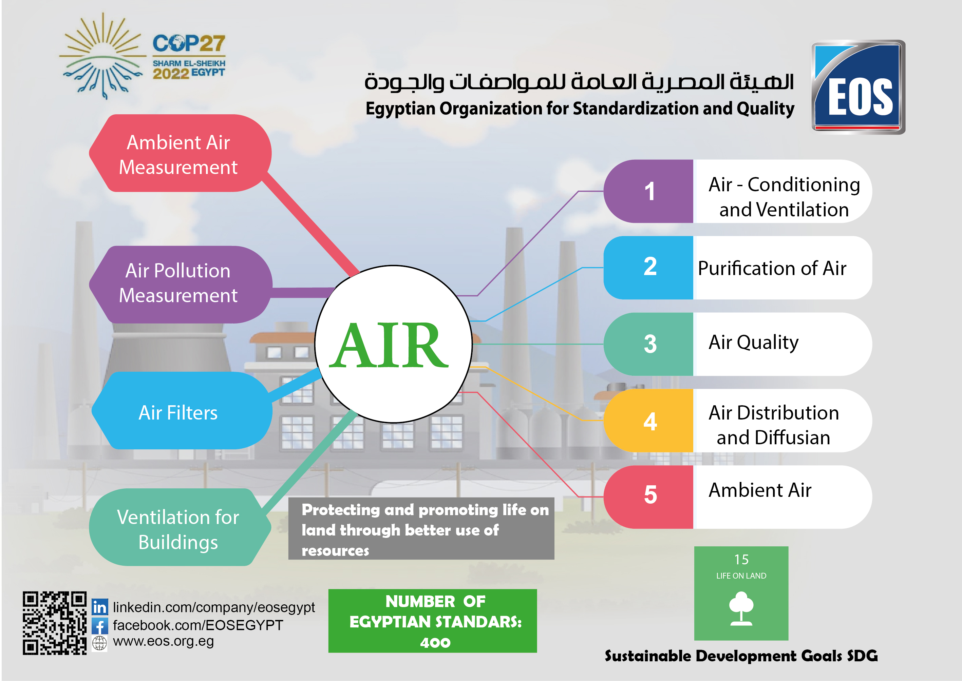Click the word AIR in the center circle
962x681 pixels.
[x=389, y=345]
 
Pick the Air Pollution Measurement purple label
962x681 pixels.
[x=181, y=284]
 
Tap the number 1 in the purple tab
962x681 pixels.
[x=649, y=191]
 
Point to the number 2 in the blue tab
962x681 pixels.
[x=650, y=266]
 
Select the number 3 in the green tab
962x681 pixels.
[x=650, y=344]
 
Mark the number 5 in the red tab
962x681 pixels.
[x=650, y=494]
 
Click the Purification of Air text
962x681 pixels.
[x=772, y=268]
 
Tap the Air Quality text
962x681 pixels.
[x=754, y=343]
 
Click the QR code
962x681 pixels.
[x=55, y=623]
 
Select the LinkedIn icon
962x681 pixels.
[x=100, y=607]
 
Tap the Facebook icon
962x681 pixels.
[x=100, y=626]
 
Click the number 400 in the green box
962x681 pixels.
[x=435, y=642]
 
